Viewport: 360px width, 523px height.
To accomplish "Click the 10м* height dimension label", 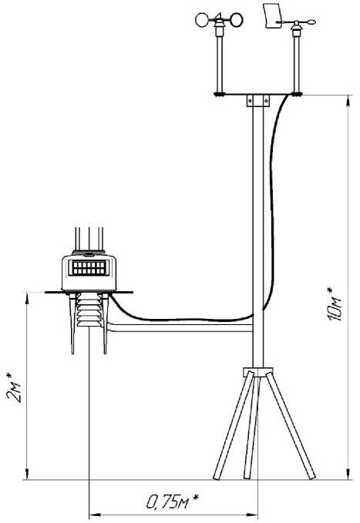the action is (335, 303).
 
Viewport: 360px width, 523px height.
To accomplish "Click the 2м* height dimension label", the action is (14, 387).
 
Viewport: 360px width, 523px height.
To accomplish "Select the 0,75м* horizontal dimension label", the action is (173, 501).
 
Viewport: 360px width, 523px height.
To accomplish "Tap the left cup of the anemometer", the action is (202, 20).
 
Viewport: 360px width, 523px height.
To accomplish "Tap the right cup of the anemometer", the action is (236, 20).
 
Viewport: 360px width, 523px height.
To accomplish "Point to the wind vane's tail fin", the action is (272, 16).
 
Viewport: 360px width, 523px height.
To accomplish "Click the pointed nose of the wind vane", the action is (311, 22).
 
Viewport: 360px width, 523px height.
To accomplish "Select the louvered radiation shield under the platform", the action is (89, 310).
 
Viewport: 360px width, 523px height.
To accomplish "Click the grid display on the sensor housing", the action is (89, 267).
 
